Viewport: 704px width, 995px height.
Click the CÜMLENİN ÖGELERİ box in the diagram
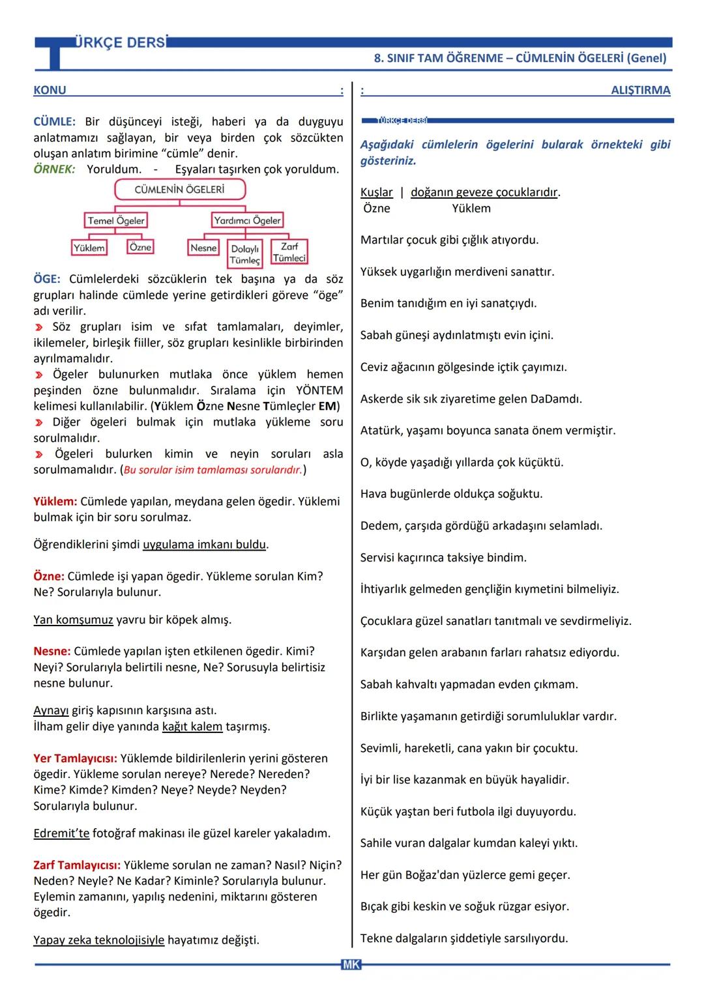(x=179, y=190)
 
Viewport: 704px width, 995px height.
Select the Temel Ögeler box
(x=116, y=220)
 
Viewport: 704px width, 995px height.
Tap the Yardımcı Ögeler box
(x=247, y=220)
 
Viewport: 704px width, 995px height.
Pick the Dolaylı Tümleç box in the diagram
(x=245, y=254)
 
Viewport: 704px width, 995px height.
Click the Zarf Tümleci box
(x=289, y=252)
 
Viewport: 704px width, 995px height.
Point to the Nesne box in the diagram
(x=203, y=248)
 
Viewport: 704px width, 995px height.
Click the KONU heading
(x=50, y=90)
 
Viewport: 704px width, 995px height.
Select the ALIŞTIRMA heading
(x=640, y=90)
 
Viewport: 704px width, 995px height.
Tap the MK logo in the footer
(x=351, y=964)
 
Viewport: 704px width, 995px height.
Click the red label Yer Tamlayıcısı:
(x=75, y=758)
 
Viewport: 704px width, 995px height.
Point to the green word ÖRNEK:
(x=54, y=169)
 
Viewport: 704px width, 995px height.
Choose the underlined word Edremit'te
(x=61, y=833)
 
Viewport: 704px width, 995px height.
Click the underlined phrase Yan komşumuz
(x=73, y=620)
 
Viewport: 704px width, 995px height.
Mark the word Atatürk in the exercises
(x=381, y=430)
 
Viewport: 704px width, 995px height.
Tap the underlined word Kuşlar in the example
(x=377, y=192)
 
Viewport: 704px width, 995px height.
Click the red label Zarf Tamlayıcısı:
(x=77, y=865)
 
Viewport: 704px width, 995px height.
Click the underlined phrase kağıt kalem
(x=192, y=726)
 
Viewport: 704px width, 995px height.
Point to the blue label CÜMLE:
(x=54, y=122)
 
